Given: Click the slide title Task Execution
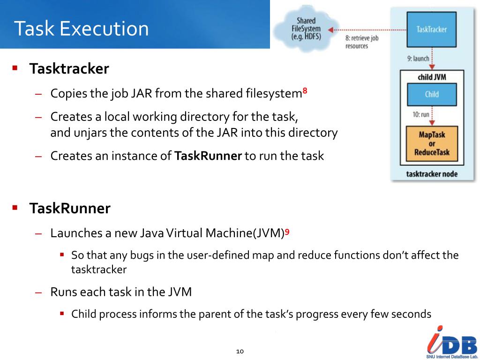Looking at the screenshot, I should [81, 29].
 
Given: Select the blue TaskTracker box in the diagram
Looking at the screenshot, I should [431, 30].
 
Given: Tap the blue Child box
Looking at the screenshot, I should [431, 94].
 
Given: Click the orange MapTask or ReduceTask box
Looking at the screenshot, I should [431, 143].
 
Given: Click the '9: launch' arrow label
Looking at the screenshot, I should [418, 59].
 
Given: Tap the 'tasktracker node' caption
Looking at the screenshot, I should [431, 174].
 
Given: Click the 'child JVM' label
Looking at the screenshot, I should [432, 77].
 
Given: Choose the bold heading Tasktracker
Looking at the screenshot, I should [69, 69].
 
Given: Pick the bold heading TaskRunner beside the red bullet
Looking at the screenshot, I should [70, 208].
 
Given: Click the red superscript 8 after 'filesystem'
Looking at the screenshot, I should [305, 91].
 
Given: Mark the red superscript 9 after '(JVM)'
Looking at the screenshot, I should [287, 231].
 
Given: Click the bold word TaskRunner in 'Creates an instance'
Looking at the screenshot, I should [208, 156].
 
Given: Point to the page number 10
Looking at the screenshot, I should [240, 351].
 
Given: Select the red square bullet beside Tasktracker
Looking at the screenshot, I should [15, 68].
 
